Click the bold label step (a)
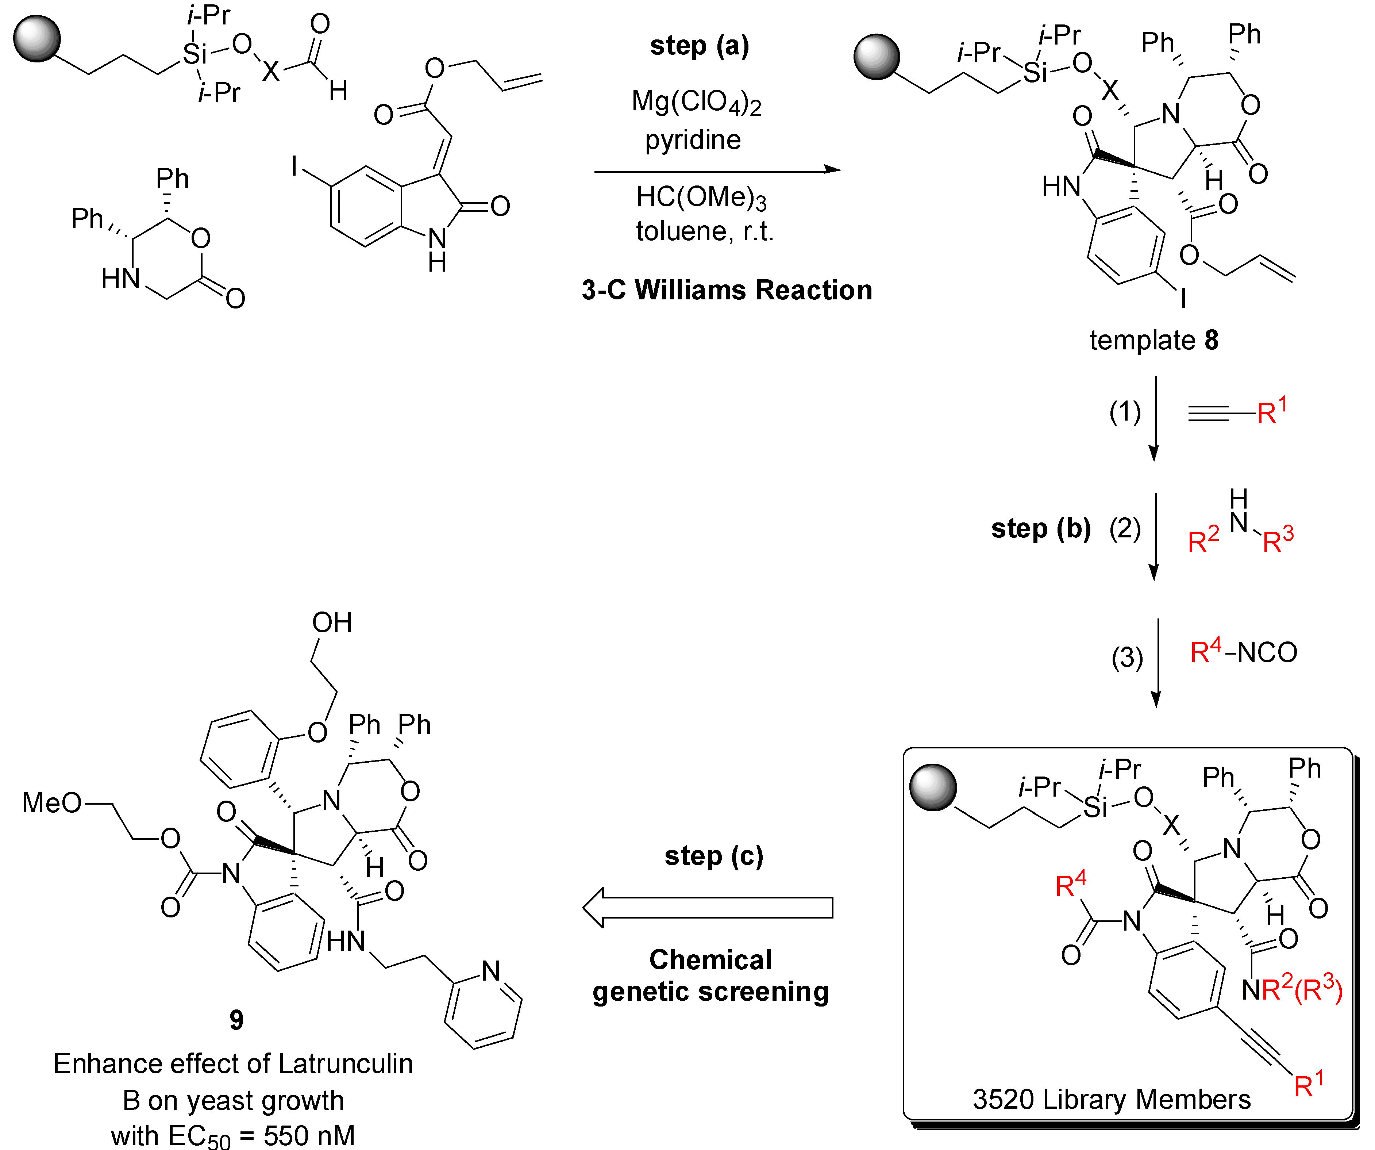coord(699,46)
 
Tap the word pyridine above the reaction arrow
coord(693,139)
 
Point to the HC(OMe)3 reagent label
coord(701,198)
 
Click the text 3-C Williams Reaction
coord(727,290)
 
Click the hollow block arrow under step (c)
coord(707,908)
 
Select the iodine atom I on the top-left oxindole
coord(294,166)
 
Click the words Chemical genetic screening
coord(710,976)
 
